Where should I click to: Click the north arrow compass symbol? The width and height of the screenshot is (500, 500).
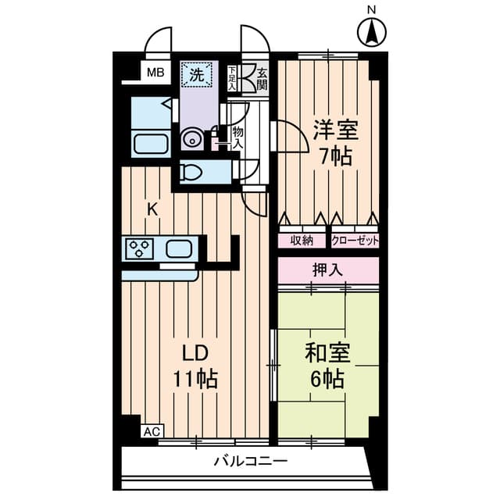(x=372, y=32)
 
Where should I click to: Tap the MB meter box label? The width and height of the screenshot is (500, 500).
(x=155, y=73)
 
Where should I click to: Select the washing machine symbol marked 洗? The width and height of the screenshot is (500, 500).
(x=197, y=75)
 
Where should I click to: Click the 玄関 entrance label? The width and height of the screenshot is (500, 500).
(x=262, y=79)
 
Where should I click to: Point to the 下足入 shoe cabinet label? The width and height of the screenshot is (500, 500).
(x=232, y=78)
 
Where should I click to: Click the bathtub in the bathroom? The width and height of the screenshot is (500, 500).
(x=151, y=144)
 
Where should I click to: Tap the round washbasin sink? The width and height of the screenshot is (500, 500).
(x=192, y=140)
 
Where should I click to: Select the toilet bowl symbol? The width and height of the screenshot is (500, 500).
(x=191, y=173)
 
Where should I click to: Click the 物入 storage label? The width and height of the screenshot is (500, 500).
(x=237, y=137)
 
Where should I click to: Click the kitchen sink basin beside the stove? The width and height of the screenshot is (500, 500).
(x=179, y=248)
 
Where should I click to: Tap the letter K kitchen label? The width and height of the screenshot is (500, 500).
(x=152, y=210)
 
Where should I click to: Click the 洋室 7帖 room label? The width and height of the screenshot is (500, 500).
(x=336, y=143)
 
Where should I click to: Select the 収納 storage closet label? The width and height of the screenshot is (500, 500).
(x=302, y=241)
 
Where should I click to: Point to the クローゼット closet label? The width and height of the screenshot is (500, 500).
(x=355, y=241)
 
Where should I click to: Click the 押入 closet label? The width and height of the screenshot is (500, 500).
(x=328, y=270)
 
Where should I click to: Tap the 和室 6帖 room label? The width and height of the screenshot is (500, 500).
(x=328, y=366)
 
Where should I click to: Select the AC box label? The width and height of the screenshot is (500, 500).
(x=152, y=432)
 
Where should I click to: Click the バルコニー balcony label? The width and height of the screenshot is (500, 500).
(x=251, y=462)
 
